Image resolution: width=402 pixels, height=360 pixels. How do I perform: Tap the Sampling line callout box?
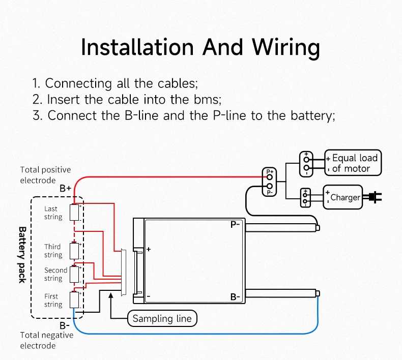click(162, 319)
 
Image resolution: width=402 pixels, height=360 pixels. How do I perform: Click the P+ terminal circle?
click(270, 177)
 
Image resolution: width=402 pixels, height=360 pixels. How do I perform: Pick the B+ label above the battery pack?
click(65, 188)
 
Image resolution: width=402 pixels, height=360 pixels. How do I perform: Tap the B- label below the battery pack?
click(65, 325)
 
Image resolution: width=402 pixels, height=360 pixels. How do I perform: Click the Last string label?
click(52, 213)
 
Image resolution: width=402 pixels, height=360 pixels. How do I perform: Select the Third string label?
click(52, 251)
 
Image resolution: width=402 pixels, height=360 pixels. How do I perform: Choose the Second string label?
click(55, 274)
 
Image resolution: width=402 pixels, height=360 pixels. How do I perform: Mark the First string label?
click(52, 300)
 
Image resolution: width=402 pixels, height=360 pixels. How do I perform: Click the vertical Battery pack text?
click(22, 255)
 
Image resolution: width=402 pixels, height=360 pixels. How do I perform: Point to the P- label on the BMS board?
click(235, 224)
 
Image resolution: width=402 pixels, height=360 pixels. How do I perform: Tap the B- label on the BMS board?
click(235, 297)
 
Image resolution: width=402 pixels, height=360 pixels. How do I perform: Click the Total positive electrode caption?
click(45, 174)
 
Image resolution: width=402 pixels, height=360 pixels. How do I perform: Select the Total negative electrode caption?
click(46, 340)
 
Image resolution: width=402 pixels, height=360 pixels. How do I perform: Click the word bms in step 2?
click(208, 99)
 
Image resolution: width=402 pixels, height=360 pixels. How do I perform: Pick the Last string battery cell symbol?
click(74, 213)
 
